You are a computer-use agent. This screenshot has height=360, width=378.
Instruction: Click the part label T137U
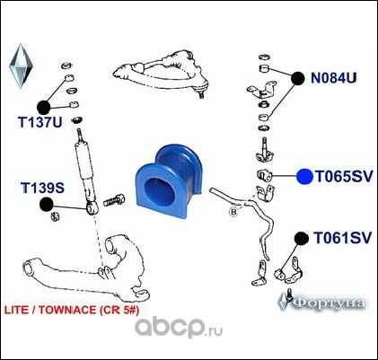coord(40,122)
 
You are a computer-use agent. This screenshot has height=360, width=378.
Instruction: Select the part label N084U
coord(334,78)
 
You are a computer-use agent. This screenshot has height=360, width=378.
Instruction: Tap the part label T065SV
coord(345,177)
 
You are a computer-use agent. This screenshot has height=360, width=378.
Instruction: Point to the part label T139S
coord(42,188)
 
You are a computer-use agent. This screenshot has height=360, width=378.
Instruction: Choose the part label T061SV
coord(342,238)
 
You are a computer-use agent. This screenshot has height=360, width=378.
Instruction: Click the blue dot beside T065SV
coord(304,177)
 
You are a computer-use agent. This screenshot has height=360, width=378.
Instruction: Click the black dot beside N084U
coord(298,78)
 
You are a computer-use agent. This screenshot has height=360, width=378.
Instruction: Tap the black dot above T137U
coord(44,107)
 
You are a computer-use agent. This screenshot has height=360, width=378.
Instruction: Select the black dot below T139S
coord(46,205)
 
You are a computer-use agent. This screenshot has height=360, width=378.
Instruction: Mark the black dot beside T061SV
coord(302,239)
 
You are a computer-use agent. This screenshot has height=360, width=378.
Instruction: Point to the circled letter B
coord(233,212)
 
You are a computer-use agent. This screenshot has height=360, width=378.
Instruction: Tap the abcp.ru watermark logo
coord(179,328)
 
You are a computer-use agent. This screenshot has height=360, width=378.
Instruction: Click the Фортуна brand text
coord(329,303)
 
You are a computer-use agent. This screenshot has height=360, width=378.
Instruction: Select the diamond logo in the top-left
coord(21,66)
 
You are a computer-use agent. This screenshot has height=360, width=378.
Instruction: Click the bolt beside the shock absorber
coord(115,199)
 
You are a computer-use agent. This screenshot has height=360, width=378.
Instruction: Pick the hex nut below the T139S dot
coord(55,216)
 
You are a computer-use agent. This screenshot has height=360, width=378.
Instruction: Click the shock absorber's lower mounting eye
coord(92,207)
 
